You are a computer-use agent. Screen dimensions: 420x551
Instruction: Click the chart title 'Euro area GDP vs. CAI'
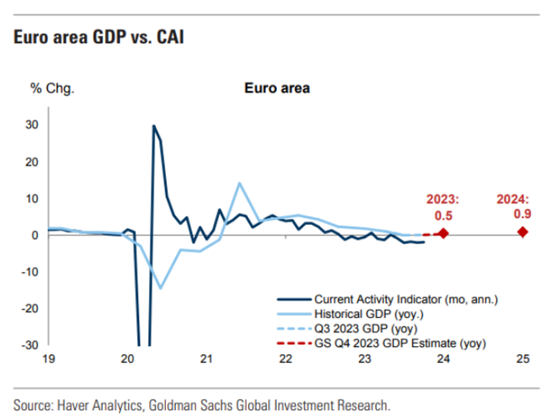point(98,37)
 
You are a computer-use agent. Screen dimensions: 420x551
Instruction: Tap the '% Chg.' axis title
point(52,88)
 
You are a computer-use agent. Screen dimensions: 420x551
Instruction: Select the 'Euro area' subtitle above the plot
point(277,88)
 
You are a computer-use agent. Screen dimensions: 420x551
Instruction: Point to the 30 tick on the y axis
point(32,125)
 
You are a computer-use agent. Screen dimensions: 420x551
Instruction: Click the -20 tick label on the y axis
point(30,308)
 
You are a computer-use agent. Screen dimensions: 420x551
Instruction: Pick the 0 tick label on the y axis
point(35,235)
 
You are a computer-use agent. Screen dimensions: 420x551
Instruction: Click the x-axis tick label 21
point(206,359)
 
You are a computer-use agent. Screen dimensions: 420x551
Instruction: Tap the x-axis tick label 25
point(523,359)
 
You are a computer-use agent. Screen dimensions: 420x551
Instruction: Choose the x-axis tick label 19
point(48,359)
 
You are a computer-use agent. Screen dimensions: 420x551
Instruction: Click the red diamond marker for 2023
point(443,233)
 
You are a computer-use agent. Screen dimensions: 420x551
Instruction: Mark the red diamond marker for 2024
point(523,232)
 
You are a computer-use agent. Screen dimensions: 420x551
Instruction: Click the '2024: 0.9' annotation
point(513,206)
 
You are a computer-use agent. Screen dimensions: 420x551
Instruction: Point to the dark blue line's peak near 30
point(154,126)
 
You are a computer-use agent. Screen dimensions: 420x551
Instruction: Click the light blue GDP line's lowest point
point(161,288)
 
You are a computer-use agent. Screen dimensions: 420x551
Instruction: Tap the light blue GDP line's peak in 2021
point(240,183)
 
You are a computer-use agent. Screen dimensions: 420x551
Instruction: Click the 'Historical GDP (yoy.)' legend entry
point(368,314)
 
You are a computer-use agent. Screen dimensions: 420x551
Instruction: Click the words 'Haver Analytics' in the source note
point(100,406)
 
